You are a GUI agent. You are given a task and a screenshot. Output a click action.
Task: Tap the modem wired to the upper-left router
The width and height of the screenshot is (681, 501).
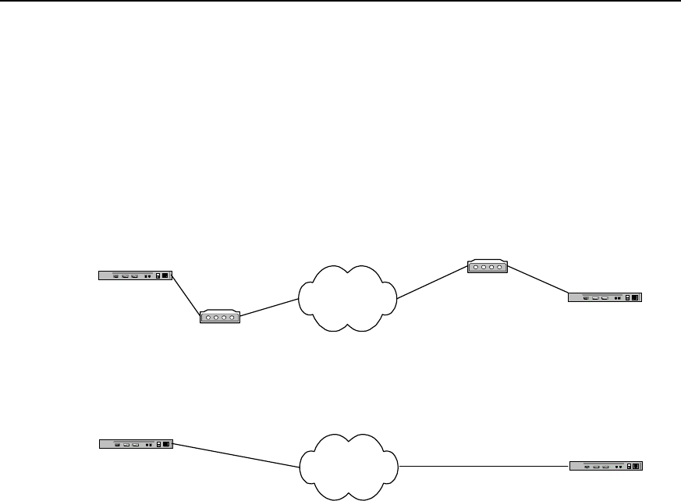tap(220, 317)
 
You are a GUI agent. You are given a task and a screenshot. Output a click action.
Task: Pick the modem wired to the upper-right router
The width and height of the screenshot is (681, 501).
tap(488, 267)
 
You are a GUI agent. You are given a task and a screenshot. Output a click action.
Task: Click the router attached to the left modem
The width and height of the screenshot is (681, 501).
tap(134, 275)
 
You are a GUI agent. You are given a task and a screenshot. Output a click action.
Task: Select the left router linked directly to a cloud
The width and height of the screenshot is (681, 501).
tap(135, 444)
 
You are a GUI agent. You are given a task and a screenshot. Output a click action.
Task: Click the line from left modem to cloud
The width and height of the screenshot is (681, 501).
tap(270, 307)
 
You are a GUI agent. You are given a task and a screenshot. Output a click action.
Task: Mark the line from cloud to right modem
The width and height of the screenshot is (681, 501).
tap(432, 283)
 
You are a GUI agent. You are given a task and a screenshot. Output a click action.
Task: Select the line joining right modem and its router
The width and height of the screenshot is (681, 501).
tap(538, 280)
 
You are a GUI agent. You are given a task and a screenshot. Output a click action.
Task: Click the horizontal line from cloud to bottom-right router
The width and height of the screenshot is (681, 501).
tap(484, 466)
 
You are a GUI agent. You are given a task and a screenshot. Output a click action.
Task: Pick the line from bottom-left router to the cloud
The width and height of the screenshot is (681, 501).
tap(234, 455)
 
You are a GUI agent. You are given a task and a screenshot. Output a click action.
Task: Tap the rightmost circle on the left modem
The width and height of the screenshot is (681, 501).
tap(232, 318)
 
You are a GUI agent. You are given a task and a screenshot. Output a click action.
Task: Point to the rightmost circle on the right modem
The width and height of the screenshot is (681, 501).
tap(500, 268)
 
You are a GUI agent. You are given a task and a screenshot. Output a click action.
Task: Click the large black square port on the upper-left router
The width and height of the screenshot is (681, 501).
tap(165, 275)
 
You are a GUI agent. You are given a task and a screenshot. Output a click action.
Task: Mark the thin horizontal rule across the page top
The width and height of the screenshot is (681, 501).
tap(340, 1)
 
